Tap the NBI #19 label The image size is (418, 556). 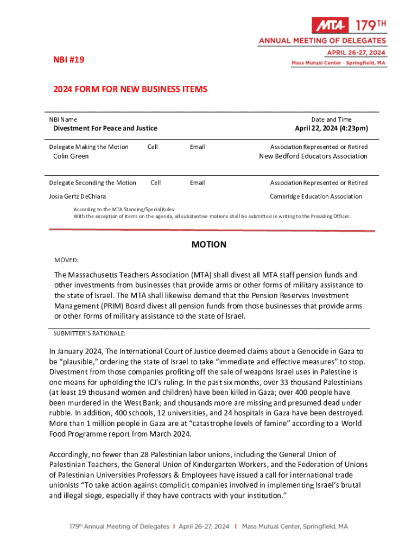pos(69,59)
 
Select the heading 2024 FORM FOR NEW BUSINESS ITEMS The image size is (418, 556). pos(130,89)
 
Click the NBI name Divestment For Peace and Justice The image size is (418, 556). pos(105,128)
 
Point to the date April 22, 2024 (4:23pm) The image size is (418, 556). pos(331,128)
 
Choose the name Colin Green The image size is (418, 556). pos(71,156)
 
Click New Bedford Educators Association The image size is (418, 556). pos(313,156)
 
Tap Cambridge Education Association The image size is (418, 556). pos(315,197)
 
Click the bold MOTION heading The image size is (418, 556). pos(209,245)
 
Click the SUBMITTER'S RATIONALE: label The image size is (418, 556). pos(90,333)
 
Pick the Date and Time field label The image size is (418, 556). pos(331,119)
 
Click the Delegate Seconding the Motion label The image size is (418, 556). pos(92,183)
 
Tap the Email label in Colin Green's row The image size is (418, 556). pos(197,147)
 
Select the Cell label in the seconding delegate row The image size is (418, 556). pos(155,183)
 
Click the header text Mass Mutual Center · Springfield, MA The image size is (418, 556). pos(339,63)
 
